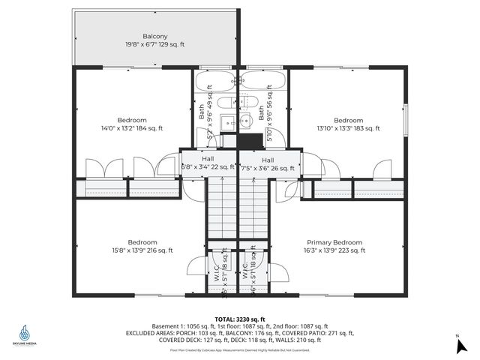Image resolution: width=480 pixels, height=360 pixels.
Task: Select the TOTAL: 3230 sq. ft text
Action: click(x=240, y=318)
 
